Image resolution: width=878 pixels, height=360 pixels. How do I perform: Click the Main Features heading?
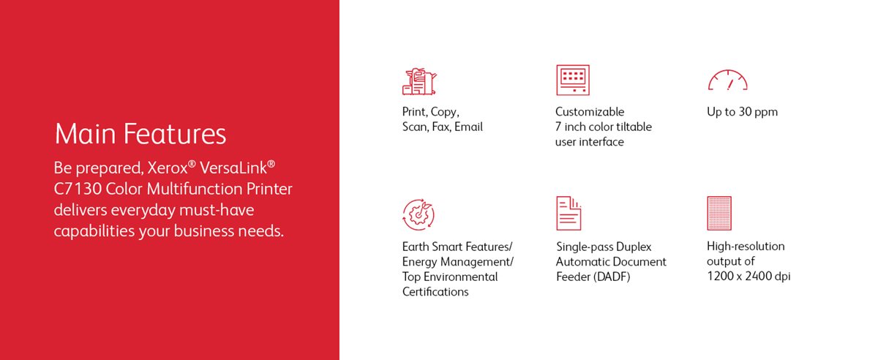click(x=140, y=135)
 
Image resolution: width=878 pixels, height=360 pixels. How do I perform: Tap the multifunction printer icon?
click(x=419, y=81)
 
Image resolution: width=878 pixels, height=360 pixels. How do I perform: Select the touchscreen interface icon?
click(x=572, y=80)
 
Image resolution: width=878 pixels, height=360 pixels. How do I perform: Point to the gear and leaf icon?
click(x=419, y=214)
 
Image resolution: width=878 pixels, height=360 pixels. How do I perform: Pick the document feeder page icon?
click(x=569, y=213)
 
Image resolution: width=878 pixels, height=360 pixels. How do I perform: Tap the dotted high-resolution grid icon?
click(x=719, y=213)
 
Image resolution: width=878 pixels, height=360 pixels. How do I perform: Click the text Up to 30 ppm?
click(x=742, y=112)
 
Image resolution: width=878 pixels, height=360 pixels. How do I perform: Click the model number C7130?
click(x=77, y=190)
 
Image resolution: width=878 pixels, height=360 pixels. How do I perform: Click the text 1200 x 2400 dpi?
click(x=748, y=276)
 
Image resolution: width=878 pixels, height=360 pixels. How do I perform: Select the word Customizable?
click(x=590, y=112)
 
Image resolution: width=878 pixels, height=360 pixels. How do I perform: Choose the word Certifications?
click(x=435, y=292)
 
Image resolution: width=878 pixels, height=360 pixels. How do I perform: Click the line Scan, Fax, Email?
click(x=442, y=127)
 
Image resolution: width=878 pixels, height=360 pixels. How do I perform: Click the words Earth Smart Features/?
click(x=457, y=246)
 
